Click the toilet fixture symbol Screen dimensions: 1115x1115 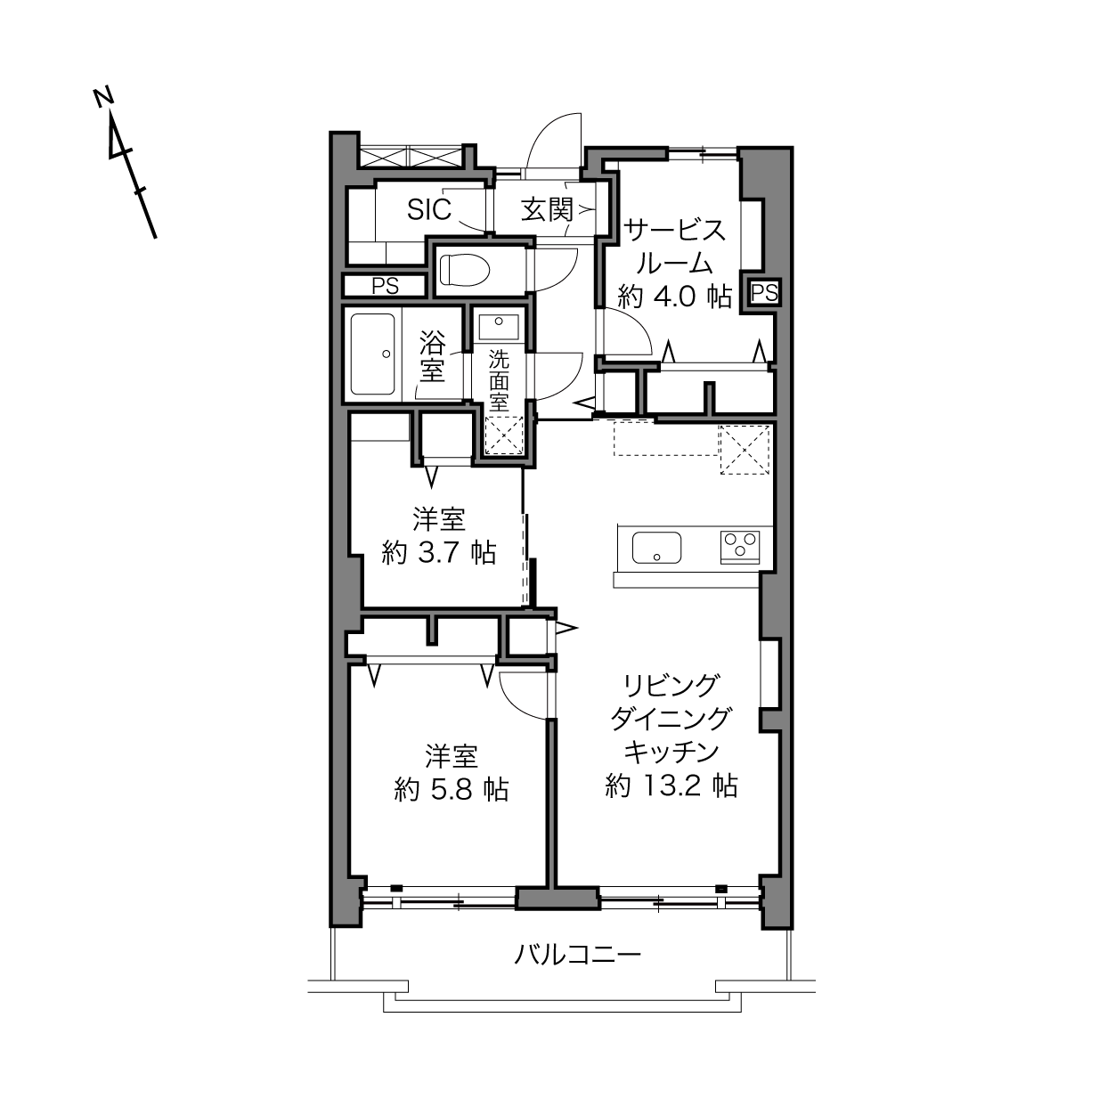(465, 270)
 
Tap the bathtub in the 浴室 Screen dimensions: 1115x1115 (373, 354)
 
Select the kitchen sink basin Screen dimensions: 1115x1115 (656, 548)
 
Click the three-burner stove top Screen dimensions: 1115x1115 (739, 547)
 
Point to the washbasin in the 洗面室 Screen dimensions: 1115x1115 (498, 326)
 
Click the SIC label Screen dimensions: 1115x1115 (428, 209)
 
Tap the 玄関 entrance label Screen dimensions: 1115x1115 (547, 209)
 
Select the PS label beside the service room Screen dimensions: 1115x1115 (764, 293)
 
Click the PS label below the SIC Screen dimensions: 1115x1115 (385, 287)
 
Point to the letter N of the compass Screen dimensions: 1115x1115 (103, 98)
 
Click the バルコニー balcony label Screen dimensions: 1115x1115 (577, 954)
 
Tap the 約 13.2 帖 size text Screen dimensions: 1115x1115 (671, 785)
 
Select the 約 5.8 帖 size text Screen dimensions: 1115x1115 (452, 789)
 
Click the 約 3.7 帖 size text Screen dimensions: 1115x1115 (439, 553)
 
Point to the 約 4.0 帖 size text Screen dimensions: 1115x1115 (675, 297)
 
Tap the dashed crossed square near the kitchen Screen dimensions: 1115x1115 (745, 450)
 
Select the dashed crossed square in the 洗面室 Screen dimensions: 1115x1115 (504, 435)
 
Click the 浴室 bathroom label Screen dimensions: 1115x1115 (432, 356)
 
